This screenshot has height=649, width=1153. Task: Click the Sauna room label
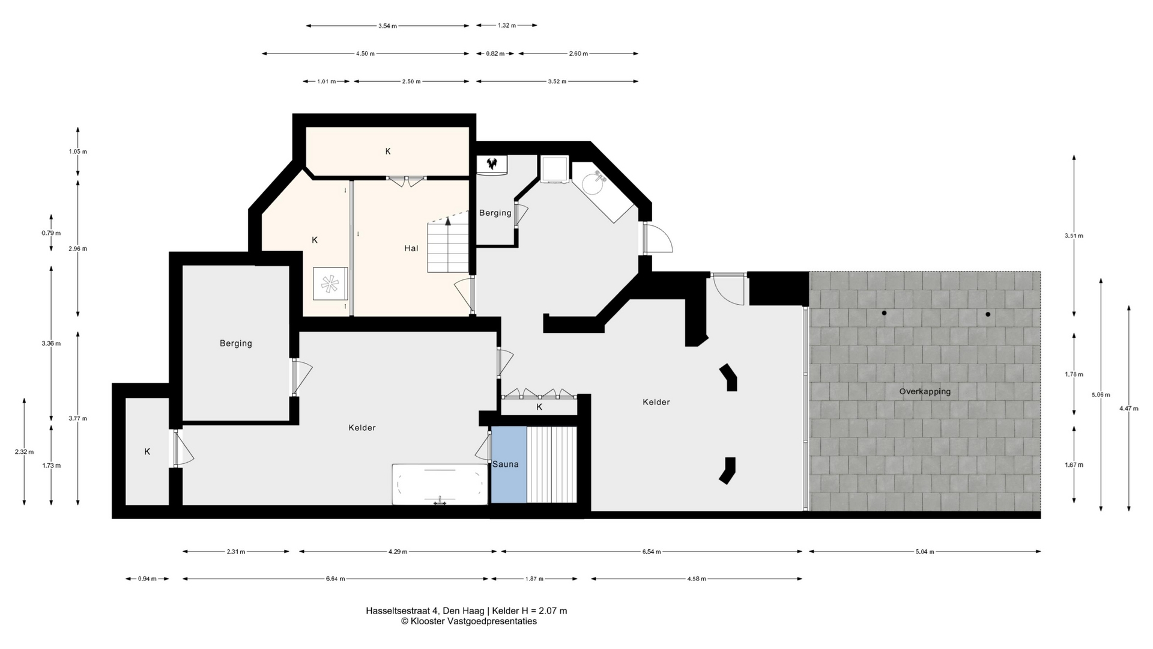click(x=505, y=464)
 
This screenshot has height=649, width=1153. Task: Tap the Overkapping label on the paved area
click(x=925, y=392)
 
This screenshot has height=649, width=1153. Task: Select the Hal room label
click(x=411, y=248)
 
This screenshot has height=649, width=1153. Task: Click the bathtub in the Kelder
click(x=440, y=484)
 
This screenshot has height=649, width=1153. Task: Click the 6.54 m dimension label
click(x=652, y=552)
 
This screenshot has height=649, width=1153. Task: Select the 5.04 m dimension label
click(x=925, y=552)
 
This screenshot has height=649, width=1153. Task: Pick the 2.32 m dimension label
click(x=24, y=452)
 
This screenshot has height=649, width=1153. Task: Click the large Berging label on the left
click(x=235, y=343)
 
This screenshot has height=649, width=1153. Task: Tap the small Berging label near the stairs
click(x=495, y=213)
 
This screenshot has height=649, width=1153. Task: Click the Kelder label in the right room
click(x=656, y=402)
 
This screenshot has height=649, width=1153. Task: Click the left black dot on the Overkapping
click(x=884, y=313)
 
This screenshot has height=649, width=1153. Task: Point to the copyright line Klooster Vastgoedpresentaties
click(x=469, y=621)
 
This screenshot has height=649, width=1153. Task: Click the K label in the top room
click(x=388, y=151)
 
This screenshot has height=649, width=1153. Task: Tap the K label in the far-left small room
click(x=147, y=452)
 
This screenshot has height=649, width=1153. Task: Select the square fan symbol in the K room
click(x=330, y=284)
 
